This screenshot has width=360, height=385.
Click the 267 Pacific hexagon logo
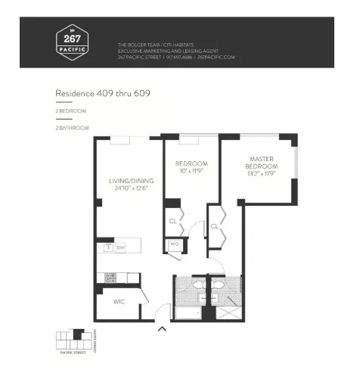(72, 41)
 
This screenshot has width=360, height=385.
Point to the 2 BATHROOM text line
(72, 128)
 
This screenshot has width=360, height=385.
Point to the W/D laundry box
(174, 245)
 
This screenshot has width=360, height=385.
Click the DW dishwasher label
(121, 247)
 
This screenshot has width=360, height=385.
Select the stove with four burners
(110, 278)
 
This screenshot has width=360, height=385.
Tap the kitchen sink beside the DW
(109, 247)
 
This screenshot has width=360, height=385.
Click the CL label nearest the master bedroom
(215, 226)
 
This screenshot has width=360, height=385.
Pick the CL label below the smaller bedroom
(173, 222)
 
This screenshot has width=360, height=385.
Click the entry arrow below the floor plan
(161, 329)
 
